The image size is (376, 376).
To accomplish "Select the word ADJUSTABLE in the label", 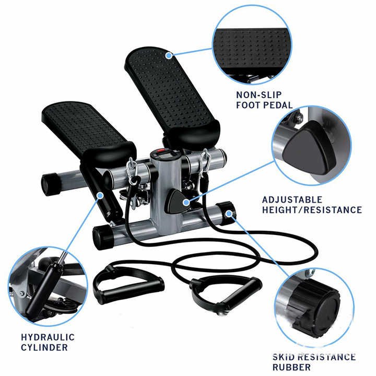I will coord(292,199).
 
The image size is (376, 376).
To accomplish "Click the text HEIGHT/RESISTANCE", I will coord(312,210).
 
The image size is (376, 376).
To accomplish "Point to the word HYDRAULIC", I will coord(48,337).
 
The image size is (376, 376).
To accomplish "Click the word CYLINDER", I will coord(44,347).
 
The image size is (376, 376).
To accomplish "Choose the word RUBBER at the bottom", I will coord(291,367).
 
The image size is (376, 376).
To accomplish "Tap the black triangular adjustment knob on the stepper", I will coord(177,201).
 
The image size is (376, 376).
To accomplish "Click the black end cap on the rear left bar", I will coord(51,184).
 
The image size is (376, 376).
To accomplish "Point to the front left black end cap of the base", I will coord(103,237).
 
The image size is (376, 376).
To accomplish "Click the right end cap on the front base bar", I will coord(226,212).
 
